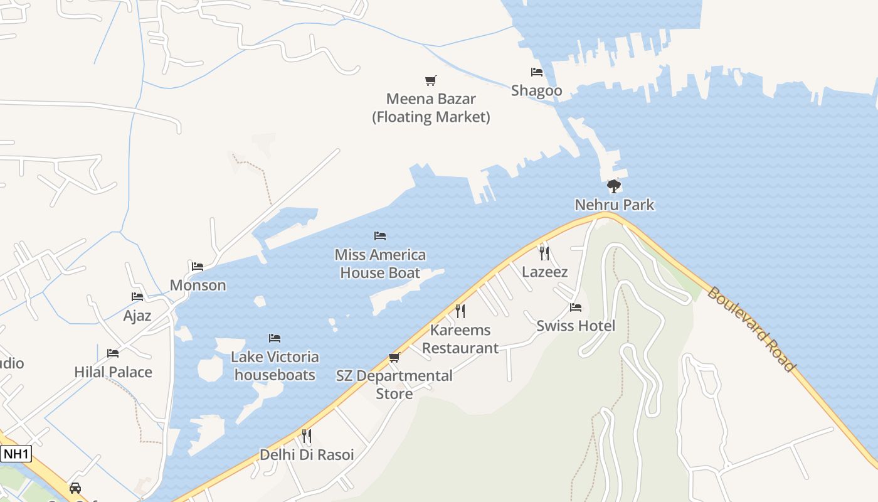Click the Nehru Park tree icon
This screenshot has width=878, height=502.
point(614,186)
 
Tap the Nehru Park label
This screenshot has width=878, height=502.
point(615,205)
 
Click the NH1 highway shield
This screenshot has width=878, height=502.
point(16,454)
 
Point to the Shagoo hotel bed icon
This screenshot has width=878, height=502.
point(537,72)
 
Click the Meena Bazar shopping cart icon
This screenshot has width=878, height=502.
point(430,80)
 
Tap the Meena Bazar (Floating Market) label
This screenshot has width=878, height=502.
point(431,108)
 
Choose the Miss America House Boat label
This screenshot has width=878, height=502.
point(380,264)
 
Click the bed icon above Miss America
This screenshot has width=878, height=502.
point(380,236)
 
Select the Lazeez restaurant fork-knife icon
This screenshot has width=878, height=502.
point(544,253)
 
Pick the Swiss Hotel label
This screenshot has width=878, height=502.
point(576,326)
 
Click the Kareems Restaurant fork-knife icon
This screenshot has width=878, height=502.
point(460,311)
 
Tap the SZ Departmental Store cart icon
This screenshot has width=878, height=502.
point(394,357)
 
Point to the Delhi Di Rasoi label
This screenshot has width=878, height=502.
point(307,454)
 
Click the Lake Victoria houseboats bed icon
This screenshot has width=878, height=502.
point(275,338)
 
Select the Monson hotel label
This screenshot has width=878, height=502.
point(198,285)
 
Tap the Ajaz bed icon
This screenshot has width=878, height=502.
point(137,297)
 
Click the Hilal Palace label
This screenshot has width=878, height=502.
point(114,372)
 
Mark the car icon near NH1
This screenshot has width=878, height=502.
point(75,488)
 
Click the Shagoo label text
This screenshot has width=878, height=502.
point(536,90)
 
